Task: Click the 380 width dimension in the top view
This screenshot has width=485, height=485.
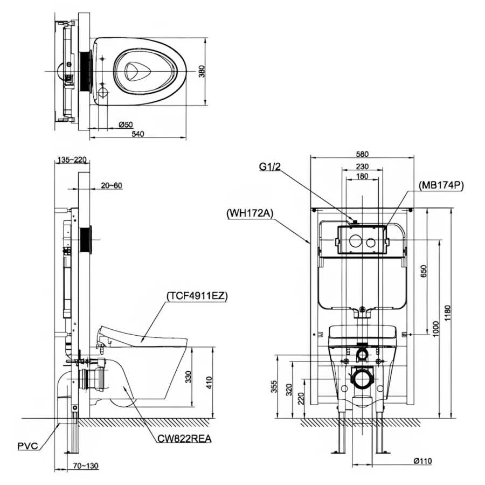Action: point(202,71)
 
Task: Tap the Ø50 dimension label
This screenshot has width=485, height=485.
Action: point(126,124)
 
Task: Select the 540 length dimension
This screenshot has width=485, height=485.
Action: point(138,134)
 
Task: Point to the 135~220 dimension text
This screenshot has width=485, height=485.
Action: point(72,160)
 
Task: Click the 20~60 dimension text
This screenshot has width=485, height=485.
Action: point(112,185)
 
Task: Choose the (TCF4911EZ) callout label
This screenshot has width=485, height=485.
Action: point(197,296)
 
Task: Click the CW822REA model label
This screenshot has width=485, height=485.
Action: point(185,438)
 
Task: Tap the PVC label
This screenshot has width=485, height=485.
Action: point(27,446)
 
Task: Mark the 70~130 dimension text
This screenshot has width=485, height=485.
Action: point(86,466)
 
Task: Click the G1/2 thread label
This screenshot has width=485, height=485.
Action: point(270,167)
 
